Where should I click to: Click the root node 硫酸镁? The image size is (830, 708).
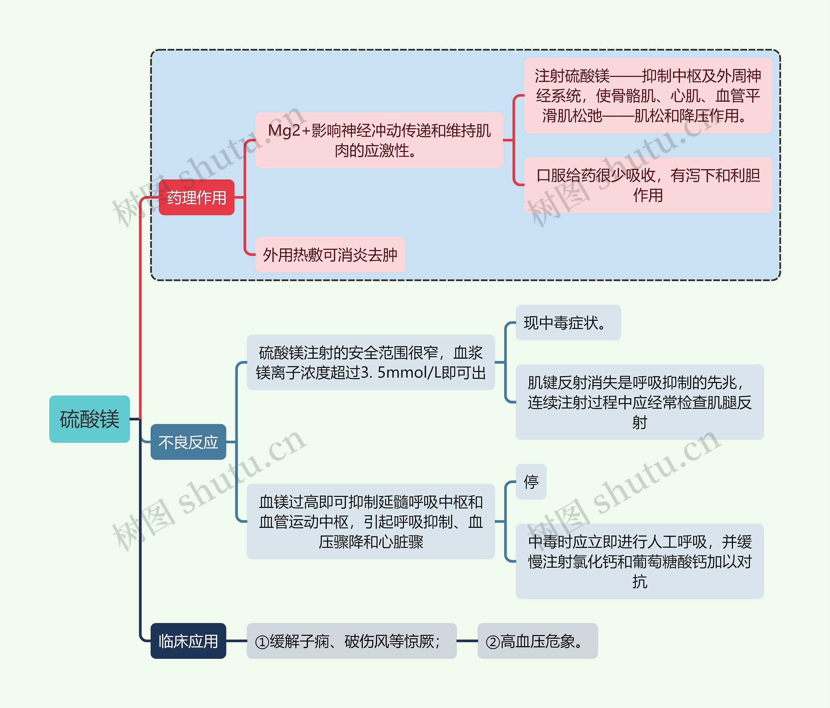click(x=89, y=419)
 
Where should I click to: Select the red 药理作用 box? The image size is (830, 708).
click(x=196, y=197)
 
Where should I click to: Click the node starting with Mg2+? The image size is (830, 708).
click(x=379, y=140)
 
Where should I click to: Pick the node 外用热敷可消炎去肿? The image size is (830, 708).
click(x=330, y=255)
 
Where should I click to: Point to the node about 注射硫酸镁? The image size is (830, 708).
click(x=648, y=96)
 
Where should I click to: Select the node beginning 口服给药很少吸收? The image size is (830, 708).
click(x=648, y=185)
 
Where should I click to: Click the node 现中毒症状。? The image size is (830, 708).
click(x=568, y=323)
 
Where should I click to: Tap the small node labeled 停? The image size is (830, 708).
click(x=531, y=482)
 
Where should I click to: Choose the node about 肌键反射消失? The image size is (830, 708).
click(x=639, y=402)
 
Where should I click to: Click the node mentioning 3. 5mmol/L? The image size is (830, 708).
click(x=371, y=362)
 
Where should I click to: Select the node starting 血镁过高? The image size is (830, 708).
click(x=371, y=521)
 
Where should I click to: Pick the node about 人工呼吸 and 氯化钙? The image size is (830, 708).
click(x=639, y=561)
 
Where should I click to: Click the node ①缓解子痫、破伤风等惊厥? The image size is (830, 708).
click(x=351, y=641)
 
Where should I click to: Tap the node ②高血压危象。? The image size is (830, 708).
click(x=537, y=641)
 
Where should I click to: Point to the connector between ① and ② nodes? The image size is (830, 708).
click(x=467, y=641)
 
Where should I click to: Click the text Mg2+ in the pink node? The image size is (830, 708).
click(x=284, y=131)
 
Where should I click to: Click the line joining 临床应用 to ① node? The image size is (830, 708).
click(x=236, y=641)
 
